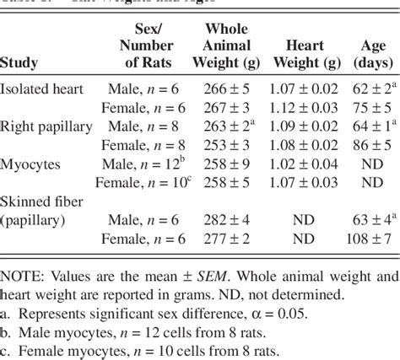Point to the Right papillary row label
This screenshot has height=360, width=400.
[46, 126]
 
